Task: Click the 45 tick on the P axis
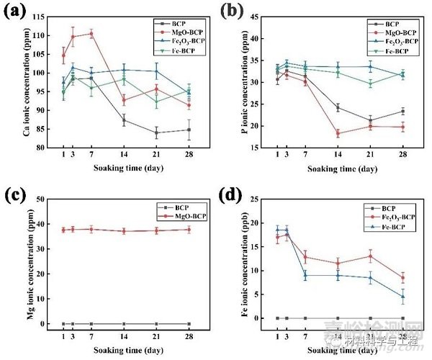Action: [264, 17]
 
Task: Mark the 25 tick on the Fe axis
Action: [266, 199]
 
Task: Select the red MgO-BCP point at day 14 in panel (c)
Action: [124, 230]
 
